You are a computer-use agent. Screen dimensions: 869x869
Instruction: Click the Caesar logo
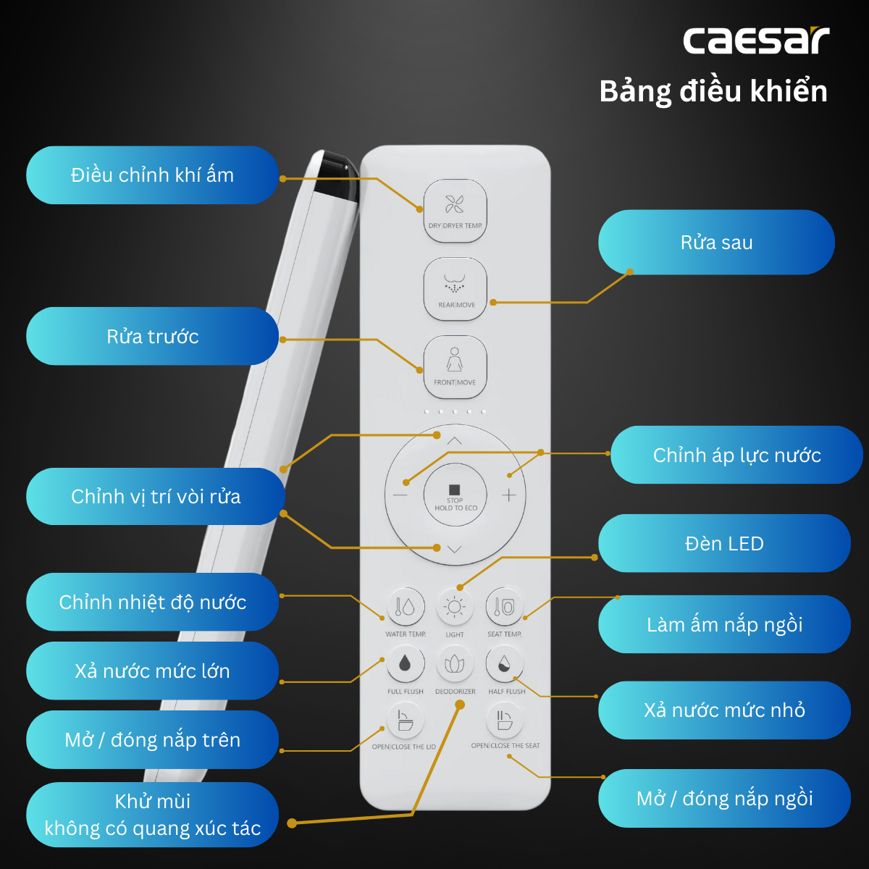[756, 41]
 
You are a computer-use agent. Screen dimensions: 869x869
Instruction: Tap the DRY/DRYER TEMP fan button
[455, 210]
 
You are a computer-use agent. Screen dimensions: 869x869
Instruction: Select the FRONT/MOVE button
[455, 366]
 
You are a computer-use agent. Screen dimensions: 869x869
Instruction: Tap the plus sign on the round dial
[508, 495]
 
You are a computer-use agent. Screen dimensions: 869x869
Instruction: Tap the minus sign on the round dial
[400, 495]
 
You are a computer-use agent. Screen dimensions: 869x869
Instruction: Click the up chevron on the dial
[454, 441]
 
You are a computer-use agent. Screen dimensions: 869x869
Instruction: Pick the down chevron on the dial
[454, 549]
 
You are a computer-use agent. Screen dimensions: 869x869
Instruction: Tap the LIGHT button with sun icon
[454, 607]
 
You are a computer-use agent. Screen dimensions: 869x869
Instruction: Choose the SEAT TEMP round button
[505, 607]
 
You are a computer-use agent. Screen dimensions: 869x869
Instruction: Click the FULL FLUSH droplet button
[405, 663]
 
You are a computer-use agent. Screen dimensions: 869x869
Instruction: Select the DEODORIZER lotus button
[455, 663]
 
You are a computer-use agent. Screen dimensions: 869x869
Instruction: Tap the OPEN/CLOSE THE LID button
[405, 720]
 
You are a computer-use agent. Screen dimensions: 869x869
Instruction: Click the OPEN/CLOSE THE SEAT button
[505, 720]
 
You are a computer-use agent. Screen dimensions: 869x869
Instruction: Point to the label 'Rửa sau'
[716, 243]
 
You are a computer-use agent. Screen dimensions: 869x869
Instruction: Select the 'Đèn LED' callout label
[724, 544]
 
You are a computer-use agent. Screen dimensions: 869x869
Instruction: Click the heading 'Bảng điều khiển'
[713, 92]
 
